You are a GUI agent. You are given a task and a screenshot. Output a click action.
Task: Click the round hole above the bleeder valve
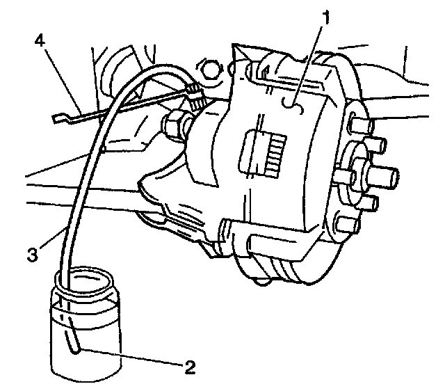click(x=210, y=69)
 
